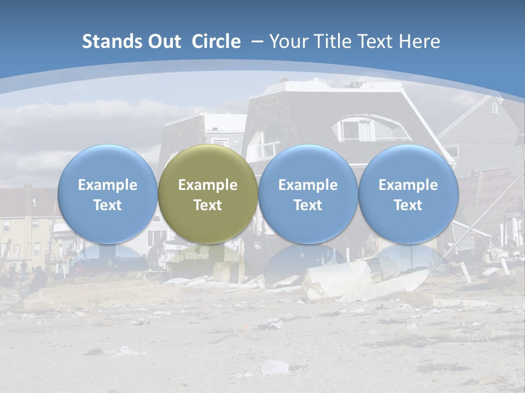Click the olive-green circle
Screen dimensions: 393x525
point(208,194)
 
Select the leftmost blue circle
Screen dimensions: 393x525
point(108,194)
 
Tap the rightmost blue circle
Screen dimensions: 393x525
point(408,194)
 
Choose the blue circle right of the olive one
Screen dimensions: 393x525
point(308,194)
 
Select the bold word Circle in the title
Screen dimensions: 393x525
point(216,41)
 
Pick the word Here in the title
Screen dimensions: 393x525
point(419,41)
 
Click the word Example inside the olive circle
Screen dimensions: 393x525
point(208,185)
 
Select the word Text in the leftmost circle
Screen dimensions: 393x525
point(108,205)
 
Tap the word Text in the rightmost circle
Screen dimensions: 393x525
point(408,205)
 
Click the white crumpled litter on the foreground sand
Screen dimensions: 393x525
point(274,367)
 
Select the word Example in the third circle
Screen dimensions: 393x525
point(308,185)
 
